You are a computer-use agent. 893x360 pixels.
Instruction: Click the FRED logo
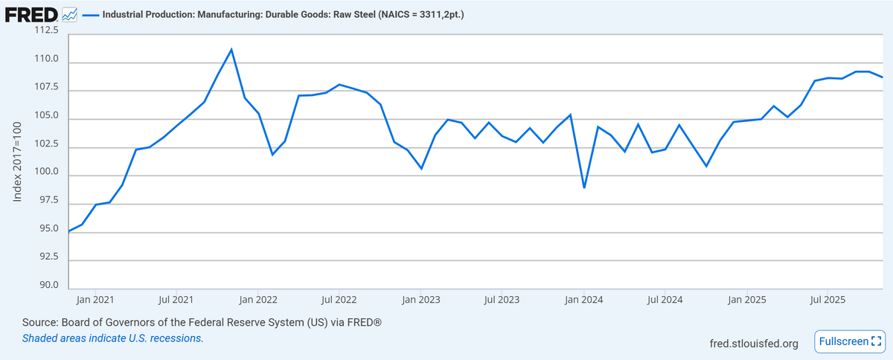click(31, 14)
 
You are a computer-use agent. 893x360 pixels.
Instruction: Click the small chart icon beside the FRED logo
click(69, 14)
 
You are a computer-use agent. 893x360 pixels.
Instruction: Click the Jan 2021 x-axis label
click(95, 300)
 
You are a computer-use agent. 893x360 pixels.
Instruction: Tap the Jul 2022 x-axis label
click(339, 300)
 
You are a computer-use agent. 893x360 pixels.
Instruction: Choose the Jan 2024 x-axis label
click(583, 300)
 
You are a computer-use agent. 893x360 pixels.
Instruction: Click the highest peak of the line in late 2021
click(231, 49)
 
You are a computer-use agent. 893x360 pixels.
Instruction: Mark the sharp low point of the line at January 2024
click(584, 187)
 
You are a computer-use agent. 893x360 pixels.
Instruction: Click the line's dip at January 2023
click(421, 169)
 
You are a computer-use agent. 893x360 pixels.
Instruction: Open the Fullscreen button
click(849, 341)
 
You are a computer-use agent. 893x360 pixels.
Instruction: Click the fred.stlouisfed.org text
click(755, 343)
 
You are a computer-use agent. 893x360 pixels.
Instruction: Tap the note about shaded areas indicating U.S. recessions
click(112, 338)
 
